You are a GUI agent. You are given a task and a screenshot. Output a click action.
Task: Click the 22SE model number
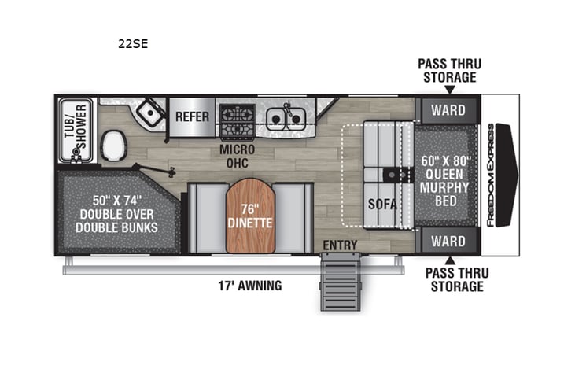(133, 44)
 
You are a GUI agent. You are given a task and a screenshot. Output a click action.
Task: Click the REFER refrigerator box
(192, 117)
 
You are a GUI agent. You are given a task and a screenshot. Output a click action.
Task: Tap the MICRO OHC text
(235, 157)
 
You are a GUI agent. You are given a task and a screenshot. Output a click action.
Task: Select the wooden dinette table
(249, 217)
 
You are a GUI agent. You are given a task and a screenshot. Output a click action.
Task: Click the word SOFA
(382, 205)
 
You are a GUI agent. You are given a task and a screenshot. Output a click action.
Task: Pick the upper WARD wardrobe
(448, 110)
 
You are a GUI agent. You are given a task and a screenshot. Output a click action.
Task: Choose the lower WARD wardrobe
(448, 241)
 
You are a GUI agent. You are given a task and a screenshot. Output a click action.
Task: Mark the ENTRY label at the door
(340, 245)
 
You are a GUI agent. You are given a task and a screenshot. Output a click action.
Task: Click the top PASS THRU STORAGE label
(448, 70)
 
